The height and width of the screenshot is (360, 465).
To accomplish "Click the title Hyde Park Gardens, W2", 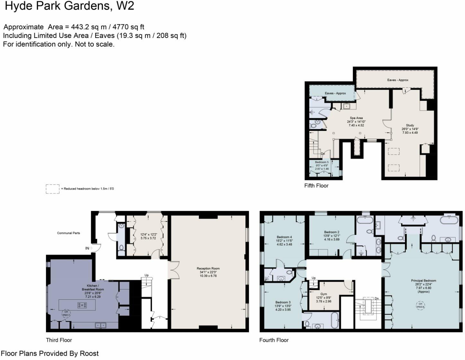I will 69,6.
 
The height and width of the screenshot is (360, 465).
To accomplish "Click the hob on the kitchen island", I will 82,305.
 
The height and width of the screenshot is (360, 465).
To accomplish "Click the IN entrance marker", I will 87,248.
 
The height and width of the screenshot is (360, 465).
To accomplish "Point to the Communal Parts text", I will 68,233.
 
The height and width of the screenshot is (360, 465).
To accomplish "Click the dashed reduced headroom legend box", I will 52,189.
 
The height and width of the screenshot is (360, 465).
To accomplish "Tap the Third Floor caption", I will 59,340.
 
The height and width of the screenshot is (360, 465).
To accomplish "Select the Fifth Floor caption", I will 316,186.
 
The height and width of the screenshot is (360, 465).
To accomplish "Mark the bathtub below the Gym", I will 335,320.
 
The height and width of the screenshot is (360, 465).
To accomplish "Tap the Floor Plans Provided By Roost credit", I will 50,353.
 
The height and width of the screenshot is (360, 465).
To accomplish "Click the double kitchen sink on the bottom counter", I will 101,325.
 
